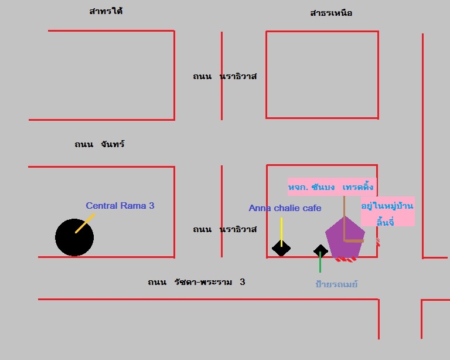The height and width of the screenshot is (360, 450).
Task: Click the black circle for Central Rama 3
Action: [74, 237]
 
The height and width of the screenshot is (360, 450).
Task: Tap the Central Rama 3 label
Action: [120, 206]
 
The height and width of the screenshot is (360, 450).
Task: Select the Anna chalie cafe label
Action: [285, 208]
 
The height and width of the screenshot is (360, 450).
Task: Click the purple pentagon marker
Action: [345, 237]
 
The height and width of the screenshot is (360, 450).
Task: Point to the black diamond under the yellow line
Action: [281, 249]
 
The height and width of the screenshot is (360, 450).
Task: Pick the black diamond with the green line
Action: [321, 252]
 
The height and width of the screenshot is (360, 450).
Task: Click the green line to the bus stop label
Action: [321, 262]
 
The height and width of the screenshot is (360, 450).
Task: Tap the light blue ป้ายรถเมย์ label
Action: [336, 284]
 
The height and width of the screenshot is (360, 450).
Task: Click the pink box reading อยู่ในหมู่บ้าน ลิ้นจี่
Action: [388, 212]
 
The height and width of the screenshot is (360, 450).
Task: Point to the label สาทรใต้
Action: [106, 11]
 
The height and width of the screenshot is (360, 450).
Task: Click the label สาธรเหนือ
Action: [331, 13]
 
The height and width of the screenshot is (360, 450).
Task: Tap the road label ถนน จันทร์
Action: [99, 144]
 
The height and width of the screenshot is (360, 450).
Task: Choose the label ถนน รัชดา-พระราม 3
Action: [196, 282]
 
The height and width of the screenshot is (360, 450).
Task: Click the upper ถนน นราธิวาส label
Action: [225, 76]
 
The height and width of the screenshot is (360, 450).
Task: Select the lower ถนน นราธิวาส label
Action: [225, 229]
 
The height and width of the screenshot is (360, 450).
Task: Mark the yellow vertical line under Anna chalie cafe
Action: [281, 232]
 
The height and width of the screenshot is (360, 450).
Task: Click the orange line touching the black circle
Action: [85, 223]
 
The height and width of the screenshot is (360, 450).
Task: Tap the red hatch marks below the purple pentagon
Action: [346, 260]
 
